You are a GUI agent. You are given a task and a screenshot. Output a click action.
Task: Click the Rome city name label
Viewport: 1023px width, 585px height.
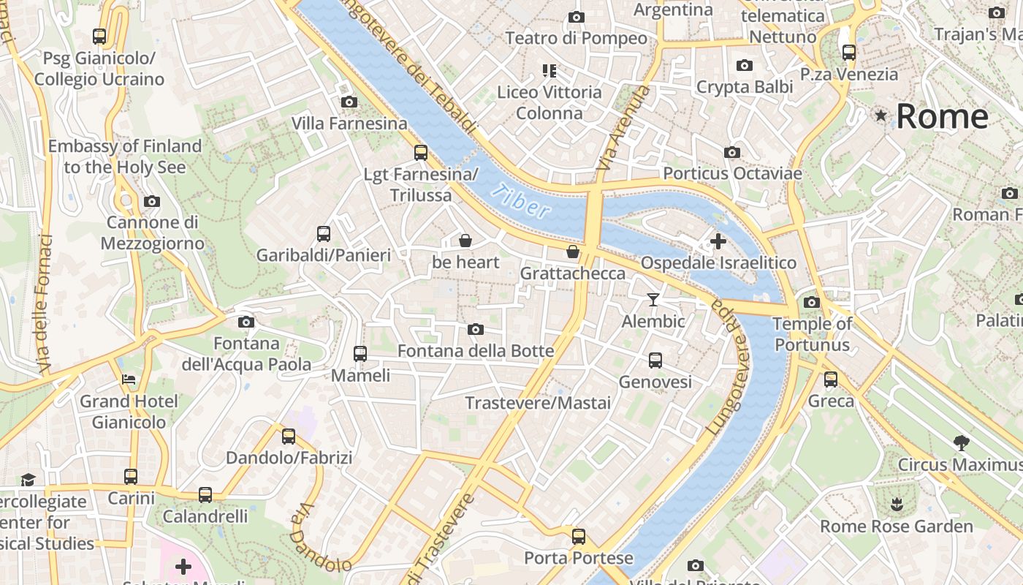pos(942,116)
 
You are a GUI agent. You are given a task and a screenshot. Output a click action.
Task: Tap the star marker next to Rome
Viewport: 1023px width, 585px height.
pos(881,116)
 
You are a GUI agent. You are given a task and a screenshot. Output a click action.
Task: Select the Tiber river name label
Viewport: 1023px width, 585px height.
pos(520,202)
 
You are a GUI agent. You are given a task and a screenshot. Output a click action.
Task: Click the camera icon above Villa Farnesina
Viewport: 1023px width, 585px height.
pos(349,102)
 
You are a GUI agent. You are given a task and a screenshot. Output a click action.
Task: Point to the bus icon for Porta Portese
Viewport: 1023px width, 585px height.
pos(579,536)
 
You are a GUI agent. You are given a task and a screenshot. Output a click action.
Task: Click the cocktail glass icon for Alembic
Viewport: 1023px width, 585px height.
pos(653,299)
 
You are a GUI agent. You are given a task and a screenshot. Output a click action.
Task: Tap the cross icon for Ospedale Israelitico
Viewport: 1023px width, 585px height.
pos(718,241)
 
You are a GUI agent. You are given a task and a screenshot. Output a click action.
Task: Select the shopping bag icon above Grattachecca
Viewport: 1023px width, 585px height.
pos(573,252)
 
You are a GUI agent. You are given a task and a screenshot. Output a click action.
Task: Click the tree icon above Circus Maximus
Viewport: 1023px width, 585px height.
pos(962,442)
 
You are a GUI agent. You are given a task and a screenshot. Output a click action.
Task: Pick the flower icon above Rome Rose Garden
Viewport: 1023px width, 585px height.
pos(896,504)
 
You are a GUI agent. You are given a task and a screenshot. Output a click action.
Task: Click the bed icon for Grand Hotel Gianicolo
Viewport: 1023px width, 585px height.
pos(129,379)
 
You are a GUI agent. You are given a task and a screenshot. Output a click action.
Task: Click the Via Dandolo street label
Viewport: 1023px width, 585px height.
pos(319,538)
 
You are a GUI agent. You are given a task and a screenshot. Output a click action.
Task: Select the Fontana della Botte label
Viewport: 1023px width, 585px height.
pos(476,351)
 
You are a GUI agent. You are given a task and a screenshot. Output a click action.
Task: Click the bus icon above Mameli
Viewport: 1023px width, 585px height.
pos(360,354)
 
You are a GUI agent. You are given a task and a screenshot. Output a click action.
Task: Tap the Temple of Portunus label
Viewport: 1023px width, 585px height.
pos(812,334)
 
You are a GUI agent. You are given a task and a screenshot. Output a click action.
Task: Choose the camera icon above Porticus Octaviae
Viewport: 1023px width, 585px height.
pos(731,152)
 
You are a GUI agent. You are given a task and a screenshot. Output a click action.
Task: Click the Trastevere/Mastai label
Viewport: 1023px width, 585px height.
pos(538,403)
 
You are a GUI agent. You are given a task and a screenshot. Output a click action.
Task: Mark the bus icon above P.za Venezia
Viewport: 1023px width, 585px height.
pos(848,53)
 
